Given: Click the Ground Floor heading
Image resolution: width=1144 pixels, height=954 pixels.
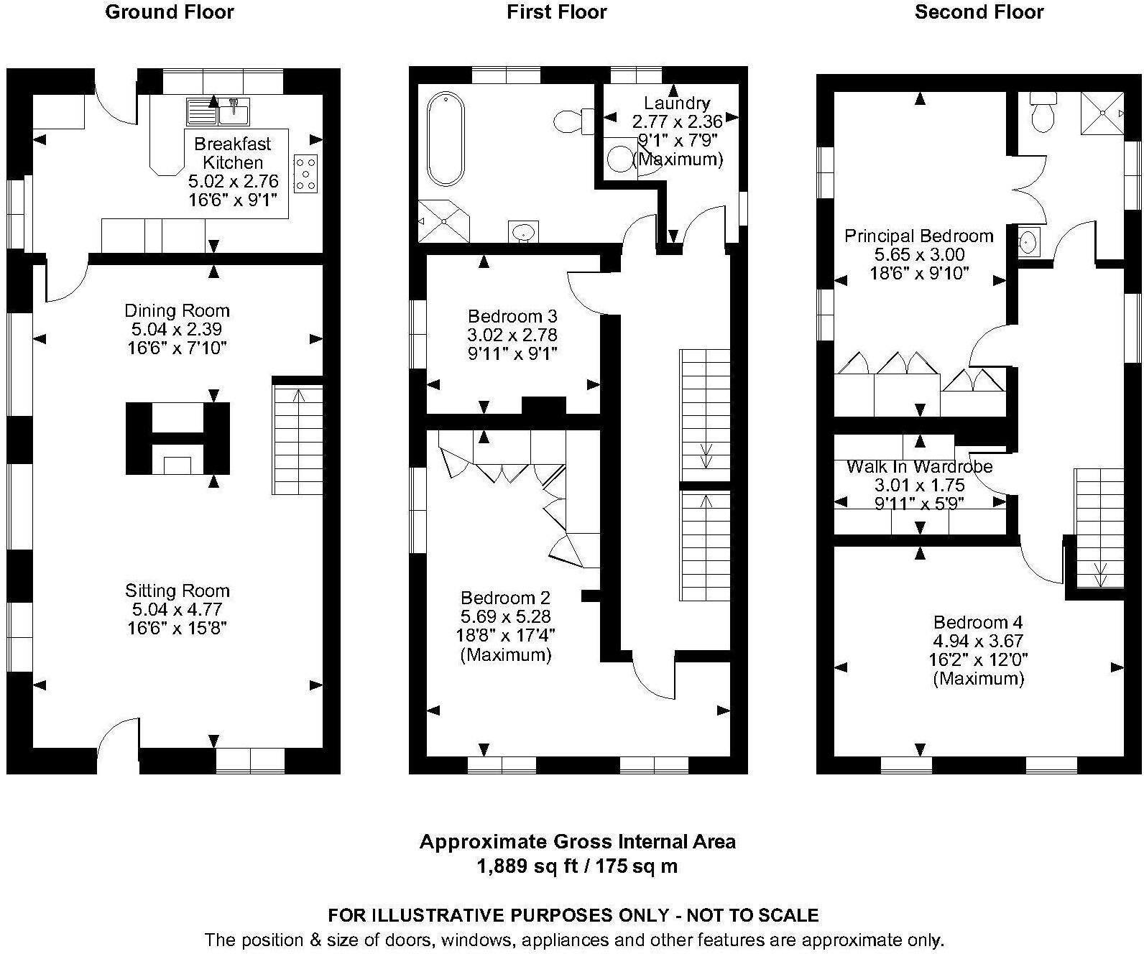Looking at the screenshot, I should [170, 12].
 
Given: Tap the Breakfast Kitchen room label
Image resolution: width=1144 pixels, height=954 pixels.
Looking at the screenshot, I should [232, 153].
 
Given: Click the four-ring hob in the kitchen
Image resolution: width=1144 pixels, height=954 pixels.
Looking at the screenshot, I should [305, 173].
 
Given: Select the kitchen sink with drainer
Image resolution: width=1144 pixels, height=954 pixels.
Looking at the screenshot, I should [218, 111].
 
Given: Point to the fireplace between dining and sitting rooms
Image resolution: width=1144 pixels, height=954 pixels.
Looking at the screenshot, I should [177, 438].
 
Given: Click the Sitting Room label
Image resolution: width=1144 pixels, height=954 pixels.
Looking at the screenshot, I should [177, 591].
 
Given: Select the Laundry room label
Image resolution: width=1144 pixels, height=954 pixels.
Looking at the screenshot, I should [676, 103].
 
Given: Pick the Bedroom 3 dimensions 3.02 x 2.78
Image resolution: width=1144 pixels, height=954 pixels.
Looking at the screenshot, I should [512, 335].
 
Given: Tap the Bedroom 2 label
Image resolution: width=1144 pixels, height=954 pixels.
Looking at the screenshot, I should [505, 598].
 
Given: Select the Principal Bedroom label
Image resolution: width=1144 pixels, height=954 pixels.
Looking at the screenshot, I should [918, 236].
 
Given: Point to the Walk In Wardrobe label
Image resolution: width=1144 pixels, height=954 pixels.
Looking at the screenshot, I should [919, 466].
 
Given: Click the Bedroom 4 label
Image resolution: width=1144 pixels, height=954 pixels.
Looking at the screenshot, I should [977, 622].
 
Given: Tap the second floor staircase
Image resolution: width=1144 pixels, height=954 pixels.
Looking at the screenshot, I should [1099, 529].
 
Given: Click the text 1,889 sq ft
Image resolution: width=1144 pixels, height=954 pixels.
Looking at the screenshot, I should [527, 866].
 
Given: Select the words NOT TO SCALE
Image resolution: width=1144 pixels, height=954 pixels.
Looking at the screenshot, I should [752, 915].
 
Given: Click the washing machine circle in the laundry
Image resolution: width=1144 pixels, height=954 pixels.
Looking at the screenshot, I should [619, 157].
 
